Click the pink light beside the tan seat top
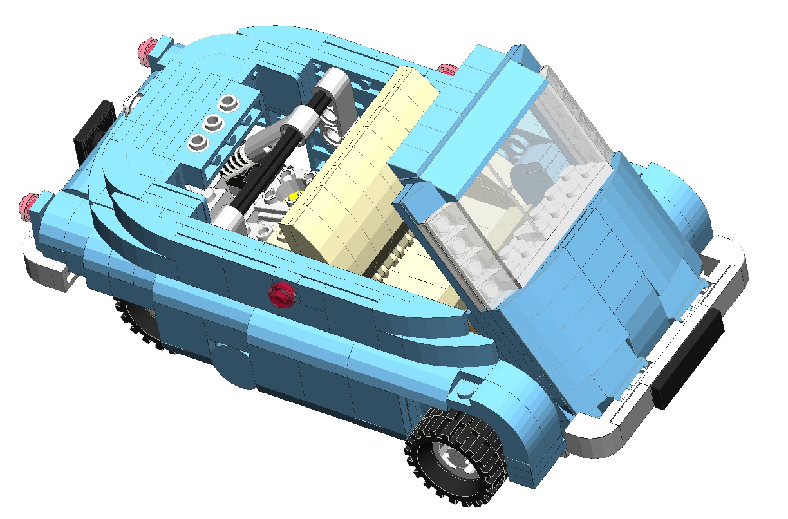(446, 69)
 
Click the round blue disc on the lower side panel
(232, 365)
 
